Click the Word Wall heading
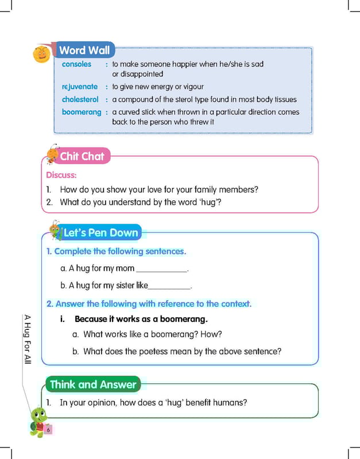pos(84,50)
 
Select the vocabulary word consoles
pos(76,64)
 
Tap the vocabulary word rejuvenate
pos(80,87)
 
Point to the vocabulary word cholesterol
pos(80,99)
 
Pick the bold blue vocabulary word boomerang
pos(82,112)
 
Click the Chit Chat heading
pos(82,156)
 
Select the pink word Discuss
pos(61,175)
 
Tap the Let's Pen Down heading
pos(100,232)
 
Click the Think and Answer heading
pos(93,384)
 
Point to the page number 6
pos(49,430)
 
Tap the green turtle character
pos(37,422)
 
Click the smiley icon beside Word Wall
pos(42,55)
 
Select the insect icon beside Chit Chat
pos(53,153)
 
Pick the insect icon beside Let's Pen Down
pos(55,229)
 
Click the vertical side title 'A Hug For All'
pos(28,339)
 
